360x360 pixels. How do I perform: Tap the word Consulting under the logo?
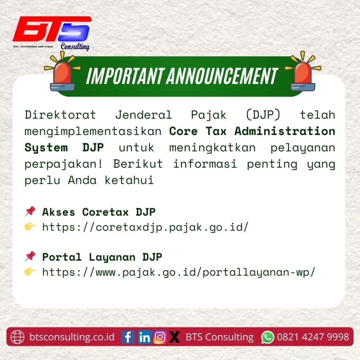75,47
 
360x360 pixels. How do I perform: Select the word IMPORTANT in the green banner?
126,76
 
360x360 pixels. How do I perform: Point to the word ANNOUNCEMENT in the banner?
223,76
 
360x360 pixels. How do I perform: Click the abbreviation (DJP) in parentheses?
263,115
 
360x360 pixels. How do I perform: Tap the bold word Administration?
285,131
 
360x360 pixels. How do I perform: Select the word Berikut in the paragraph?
138,164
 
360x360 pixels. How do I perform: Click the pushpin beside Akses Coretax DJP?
30,211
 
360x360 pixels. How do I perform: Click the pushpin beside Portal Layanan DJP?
30,256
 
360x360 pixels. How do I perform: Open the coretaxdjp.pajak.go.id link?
145,227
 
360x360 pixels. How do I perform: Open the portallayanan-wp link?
179,272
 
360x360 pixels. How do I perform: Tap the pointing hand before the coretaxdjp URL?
30,227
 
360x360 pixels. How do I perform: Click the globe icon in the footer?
17,337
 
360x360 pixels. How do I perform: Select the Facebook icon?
128,337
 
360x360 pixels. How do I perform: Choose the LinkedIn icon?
144,337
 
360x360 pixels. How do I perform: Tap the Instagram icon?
160,337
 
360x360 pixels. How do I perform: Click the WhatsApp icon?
268,337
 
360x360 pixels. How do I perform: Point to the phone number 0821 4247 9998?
313,337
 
